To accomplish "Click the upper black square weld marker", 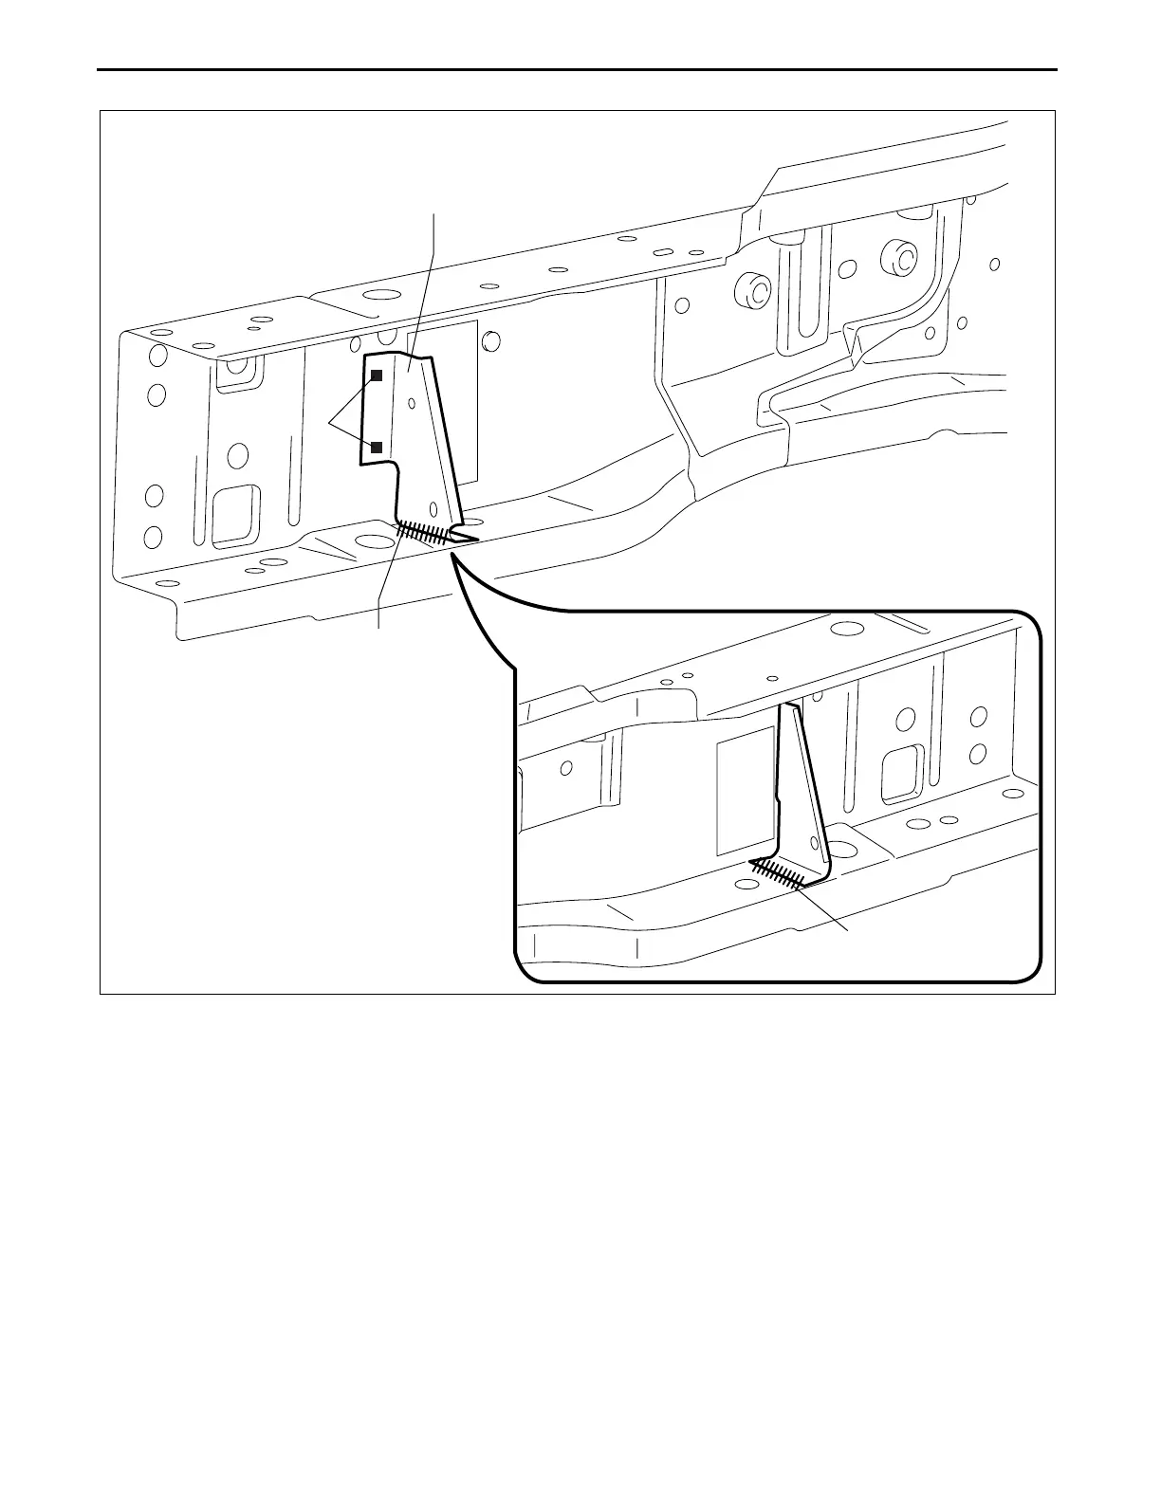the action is [377, 375].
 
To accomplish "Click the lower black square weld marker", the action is [377, 447].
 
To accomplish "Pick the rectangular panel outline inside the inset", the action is [744, 791].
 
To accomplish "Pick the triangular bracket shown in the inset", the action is [802, 797].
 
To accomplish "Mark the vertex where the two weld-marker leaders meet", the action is [331, 420].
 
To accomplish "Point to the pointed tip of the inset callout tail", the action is [451, 556].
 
